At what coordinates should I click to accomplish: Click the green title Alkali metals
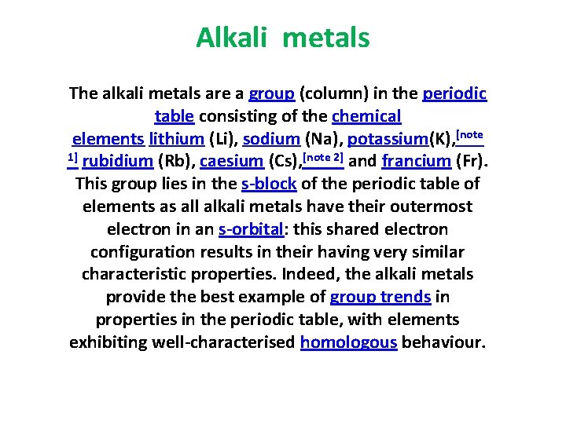(282, 38)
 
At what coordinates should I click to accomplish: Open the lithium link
(178, 140)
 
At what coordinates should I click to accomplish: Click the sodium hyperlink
(271, 140)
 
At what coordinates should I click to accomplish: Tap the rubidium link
(117, 163)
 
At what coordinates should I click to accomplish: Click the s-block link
(268, 185)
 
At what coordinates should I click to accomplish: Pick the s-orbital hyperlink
(251, 230)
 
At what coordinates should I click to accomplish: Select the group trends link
(380, 298)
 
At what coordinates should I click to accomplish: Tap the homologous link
(348, 343)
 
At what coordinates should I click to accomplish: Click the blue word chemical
(366, 117)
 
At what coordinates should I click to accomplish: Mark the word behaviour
(444, 343)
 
